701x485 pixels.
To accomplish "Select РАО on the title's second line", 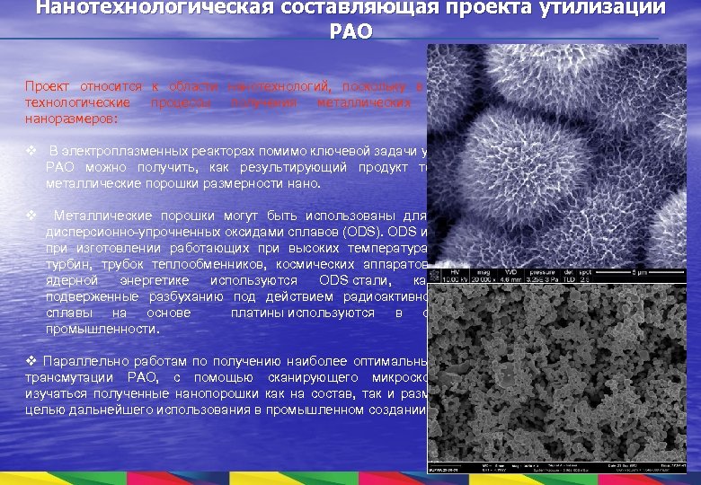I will [350, 31].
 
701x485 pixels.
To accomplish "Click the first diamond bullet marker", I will [31, 152].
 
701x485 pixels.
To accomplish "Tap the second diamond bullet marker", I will [31, 216].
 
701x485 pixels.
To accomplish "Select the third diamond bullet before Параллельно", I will [31, 362].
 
